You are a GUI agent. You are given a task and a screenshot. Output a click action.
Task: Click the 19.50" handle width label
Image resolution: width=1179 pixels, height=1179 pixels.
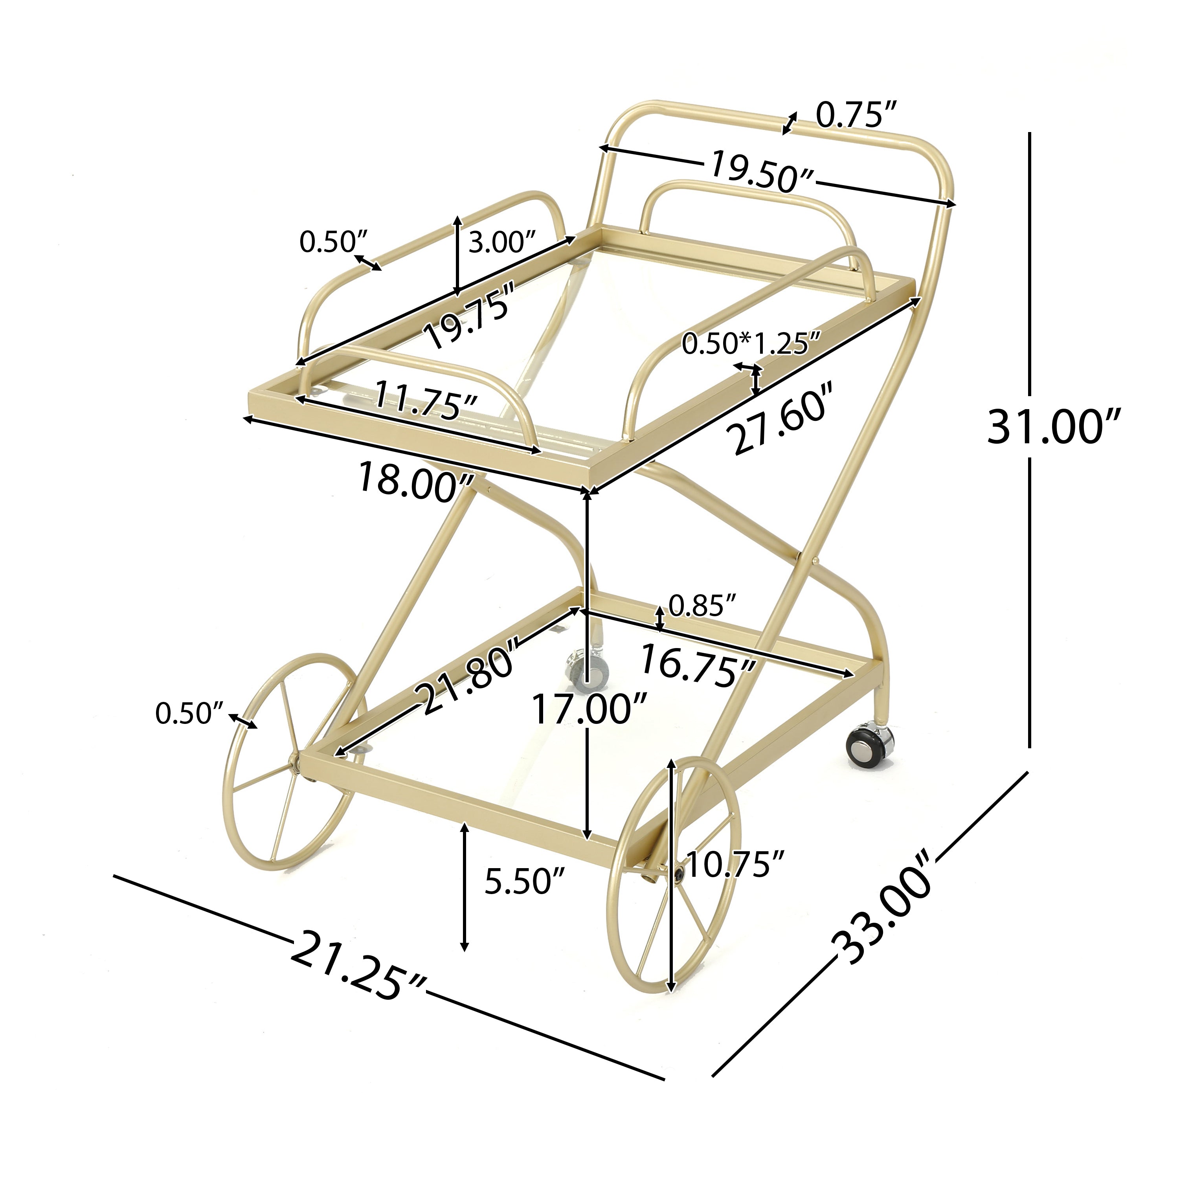(x=763, y=173)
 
